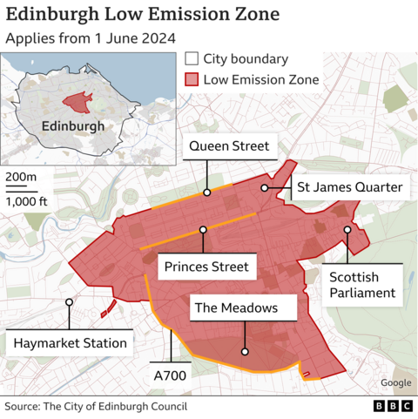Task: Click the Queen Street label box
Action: pyautogui.click(x=229, y=146)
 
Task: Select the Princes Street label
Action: pyautogui.click(x=206, y=267)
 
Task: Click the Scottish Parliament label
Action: pyautogui.click(x=362, y=284)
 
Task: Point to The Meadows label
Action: pyautogui.click(x=236, y=307)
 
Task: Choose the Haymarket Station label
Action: pyautogui.click(x=70, y=342)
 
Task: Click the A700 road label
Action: pyautogui.click(x=171, y=375)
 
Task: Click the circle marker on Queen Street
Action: pyautogui.click(x=207, y=193)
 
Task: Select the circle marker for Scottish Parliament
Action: pyautogui.click(x=347, y=230)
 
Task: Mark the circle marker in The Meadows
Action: pyautogui.click(x=245, y=352)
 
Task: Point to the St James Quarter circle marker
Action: pyautogui.click(x=265, y=188)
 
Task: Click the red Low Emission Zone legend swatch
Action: pyautogui.click(x=191, y=80)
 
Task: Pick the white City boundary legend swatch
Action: pyautogui.click(x=191, y=59)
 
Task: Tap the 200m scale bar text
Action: pyautogui.click(x=21, y=178)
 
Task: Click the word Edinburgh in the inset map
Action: pyautogui.click(x=73, y=125)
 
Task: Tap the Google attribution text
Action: pyautogui.click(x=395, y=383)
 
